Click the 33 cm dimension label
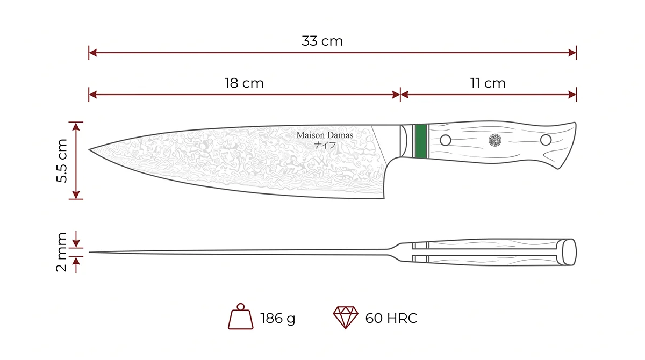pos(322,41)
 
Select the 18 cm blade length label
pos(244,83)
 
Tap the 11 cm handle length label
pos(488,83)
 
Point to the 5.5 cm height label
pos(62,161)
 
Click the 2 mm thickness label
pos(61,252)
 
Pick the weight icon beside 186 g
pos(241,316)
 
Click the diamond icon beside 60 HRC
pos(346,318)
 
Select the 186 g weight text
pos(278,319)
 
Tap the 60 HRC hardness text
pos(391,318)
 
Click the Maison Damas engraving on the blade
pos(325,135)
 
